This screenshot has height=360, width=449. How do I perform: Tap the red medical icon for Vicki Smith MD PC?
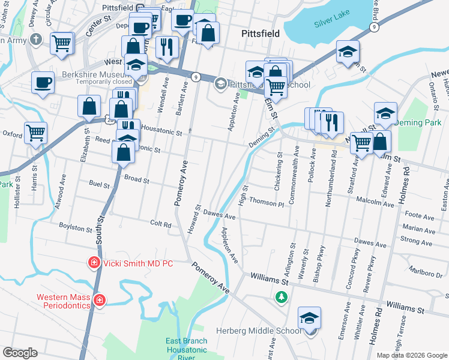tap(93, 263)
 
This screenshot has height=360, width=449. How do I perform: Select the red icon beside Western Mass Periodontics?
tap(99, 299)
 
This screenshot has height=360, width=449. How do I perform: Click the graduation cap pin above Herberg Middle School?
tap(310, 317)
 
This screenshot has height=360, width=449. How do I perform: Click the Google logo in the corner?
tap(20, 353)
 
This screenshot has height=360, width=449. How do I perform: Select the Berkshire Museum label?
tap(97, 76)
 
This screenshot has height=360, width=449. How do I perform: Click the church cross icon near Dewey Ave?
tap(36, 41)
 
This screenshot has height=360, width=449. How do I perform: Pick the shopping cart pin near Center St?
tap(62, 43)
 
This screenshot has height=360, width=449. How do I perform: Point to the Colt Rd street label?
tap(160, 224)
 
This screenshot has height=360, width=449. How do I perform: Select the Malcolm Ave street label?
tap(375, 203)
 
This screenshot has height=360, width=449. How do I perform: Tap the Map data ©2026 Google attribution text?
tap(412, 355)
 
